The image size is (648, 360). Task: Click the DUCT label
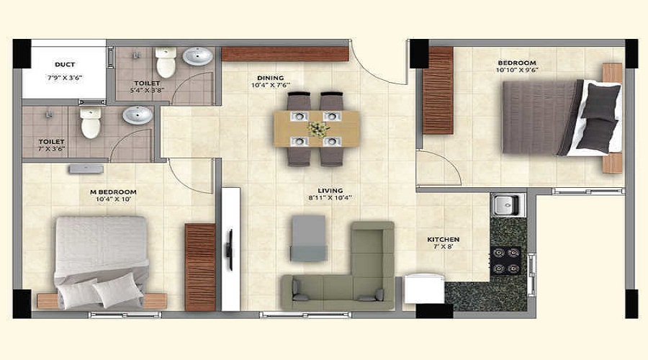pos(65,65)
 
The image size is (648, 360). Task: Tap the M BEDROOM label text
pos(113,192)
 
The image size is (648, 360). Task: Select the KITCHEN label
pos(444,239)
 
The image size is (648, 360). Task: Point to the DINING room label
pos(271,78)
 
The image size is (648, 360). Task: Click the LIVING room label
pos(330,191)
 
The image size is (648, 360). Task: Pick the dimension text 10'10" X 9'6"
pos(517,70)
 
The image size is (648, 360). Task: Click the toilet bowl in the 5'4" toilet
pos(166,62)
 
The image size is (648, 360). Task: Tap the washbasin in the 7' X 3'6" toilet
pos(138,115)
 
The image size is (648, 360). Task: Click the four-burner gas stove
pos(507,261)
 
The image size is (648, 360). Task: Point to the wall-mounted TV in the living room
pos(230,250)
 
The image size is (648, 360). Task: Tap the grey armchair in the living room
pos(308,238)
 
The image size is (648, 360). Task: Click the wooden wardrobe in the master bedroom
pos(200,267)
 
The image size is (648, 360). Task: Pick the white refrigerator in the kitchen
pos(424,288)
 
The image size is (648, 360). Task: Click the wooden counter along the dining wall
pos(285,54)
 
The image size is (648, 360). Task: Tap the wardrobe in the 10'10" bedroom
pos(438,91)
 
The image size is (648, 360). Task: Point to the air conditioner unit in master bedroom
pos(86,169)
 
